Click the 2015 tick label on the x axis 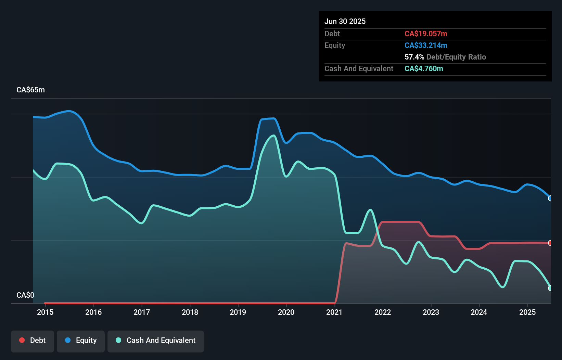click(x=45, y=312)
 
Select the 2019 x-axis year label click(x=238, y=312)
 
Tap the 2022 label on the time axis click(x=383, y=312)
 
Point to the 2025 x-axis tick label click(x=527, y=312)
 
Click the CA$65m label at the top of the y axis click(x=30, y=90)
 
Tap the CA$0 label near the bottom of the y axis click(x=25, y=295)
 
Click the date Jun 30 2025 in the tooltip click(x=345, y=21)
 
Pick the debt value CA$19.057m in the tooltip click(x=426, y=34)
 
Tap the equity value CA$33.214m click(x=426, y=45)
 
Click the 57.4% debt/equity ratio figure click(x=414, y=57)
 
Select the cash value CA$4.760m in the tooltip click(x=424, y=68)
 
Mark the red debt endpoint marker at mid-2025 click(x=550, y=243)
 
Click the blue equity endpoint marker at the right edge click(x=550, y=198)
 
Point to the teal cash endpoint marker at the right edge click(x=550, y=288)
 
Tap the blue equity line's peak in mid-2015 click(x=69, y=111)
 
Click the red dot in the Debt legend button click(x=22, y=340)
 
